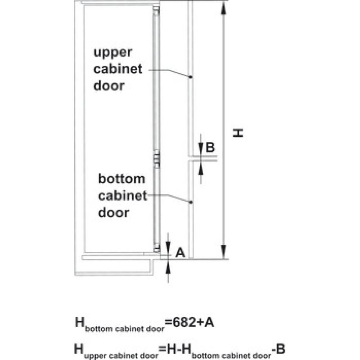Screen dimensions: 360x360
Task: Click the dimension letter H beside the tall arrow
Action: tap(238, 133)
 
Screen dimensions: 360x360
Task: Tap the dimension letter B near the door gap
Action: tap(210, 148)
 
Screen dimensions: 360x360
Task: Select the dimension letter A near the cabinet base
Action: tap(180, 252)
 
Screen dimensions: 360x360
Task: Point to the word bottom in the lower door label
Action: tap(121, 179)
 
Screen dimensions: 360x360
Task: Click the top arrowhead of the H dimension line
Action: tap(223, 9)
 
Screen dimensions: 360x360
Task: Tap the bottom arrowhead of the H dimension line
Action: tap(223, 252)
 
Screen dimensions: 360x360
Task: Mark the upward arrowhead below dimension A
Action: tap(168, 267)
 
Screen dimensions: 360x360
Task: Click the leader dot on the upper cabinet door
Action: tap(190, 77)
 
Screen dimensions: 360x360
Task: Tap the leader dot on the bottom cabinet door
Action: tap(190, 202)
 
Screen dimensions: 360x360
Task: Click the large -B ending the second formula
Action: tap(278, 349)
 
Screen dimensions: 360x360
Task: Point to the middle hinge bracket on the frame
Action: tap(156, 159)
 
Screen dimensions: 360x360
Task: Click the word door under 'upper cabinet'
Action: tap(109, 85)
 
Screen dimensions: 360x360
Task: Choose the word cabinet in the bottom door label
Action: tap(122, 196)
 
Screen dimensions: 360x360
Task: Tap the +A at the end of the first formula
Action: tap(205, 322)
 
